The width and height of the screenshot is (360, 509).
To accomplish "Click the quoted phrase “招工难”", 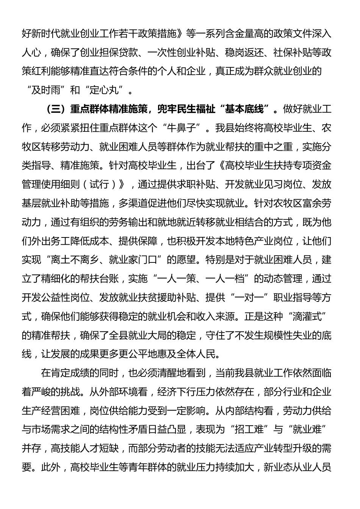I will click(246, 429).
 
